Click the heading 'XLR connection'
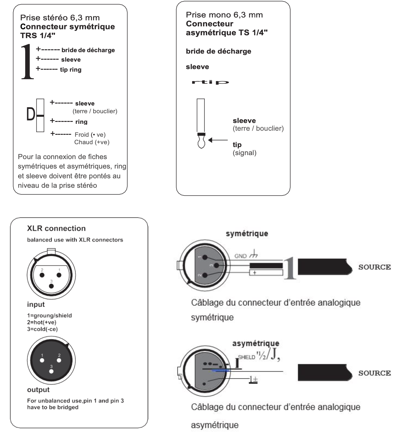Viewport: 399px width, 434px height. [56, 228]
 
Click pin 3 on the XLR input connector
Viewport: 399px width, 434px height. [51, 286]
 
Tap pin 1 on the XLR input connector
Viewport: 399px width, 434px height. [59, 275]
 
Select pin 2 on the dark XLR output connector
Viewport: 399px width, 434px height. [59, 360]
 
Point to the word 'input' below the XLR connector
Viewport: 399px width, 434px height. [36, 304]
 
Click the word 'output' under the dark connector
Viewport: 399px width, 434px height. [38, 390]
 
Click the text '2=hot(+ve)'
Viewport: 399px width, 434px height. [42, 322]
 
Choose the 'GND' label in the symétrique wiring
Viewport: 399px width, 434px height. [240, 256]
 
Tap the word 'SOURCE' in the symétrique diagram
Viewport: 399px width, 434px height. [374, 267]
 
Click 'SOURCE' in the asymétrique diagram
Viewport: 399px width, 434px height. [374, 373]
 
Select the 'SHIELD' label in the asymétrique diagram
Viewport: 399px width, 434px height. [246, 357]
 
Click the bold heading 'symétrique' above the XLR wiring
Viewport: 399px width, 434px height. [247, 234]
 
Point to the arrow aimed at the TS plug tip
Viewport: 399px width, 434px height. [218, 140]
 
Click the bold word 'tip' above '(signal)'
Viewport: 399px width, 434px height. [237, 145]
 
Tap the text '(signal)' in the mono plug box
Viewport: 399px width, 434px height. [244, 153]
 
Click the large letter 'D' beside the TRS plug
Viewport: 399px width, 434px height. [30, 115]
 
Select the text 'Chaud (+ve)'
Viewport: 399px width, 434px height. [92, 142]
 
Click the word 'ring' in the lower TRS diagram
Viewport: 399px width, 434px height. [81, 122]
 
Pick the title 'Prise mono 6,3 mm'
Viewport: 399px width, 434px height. [224, 15]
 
